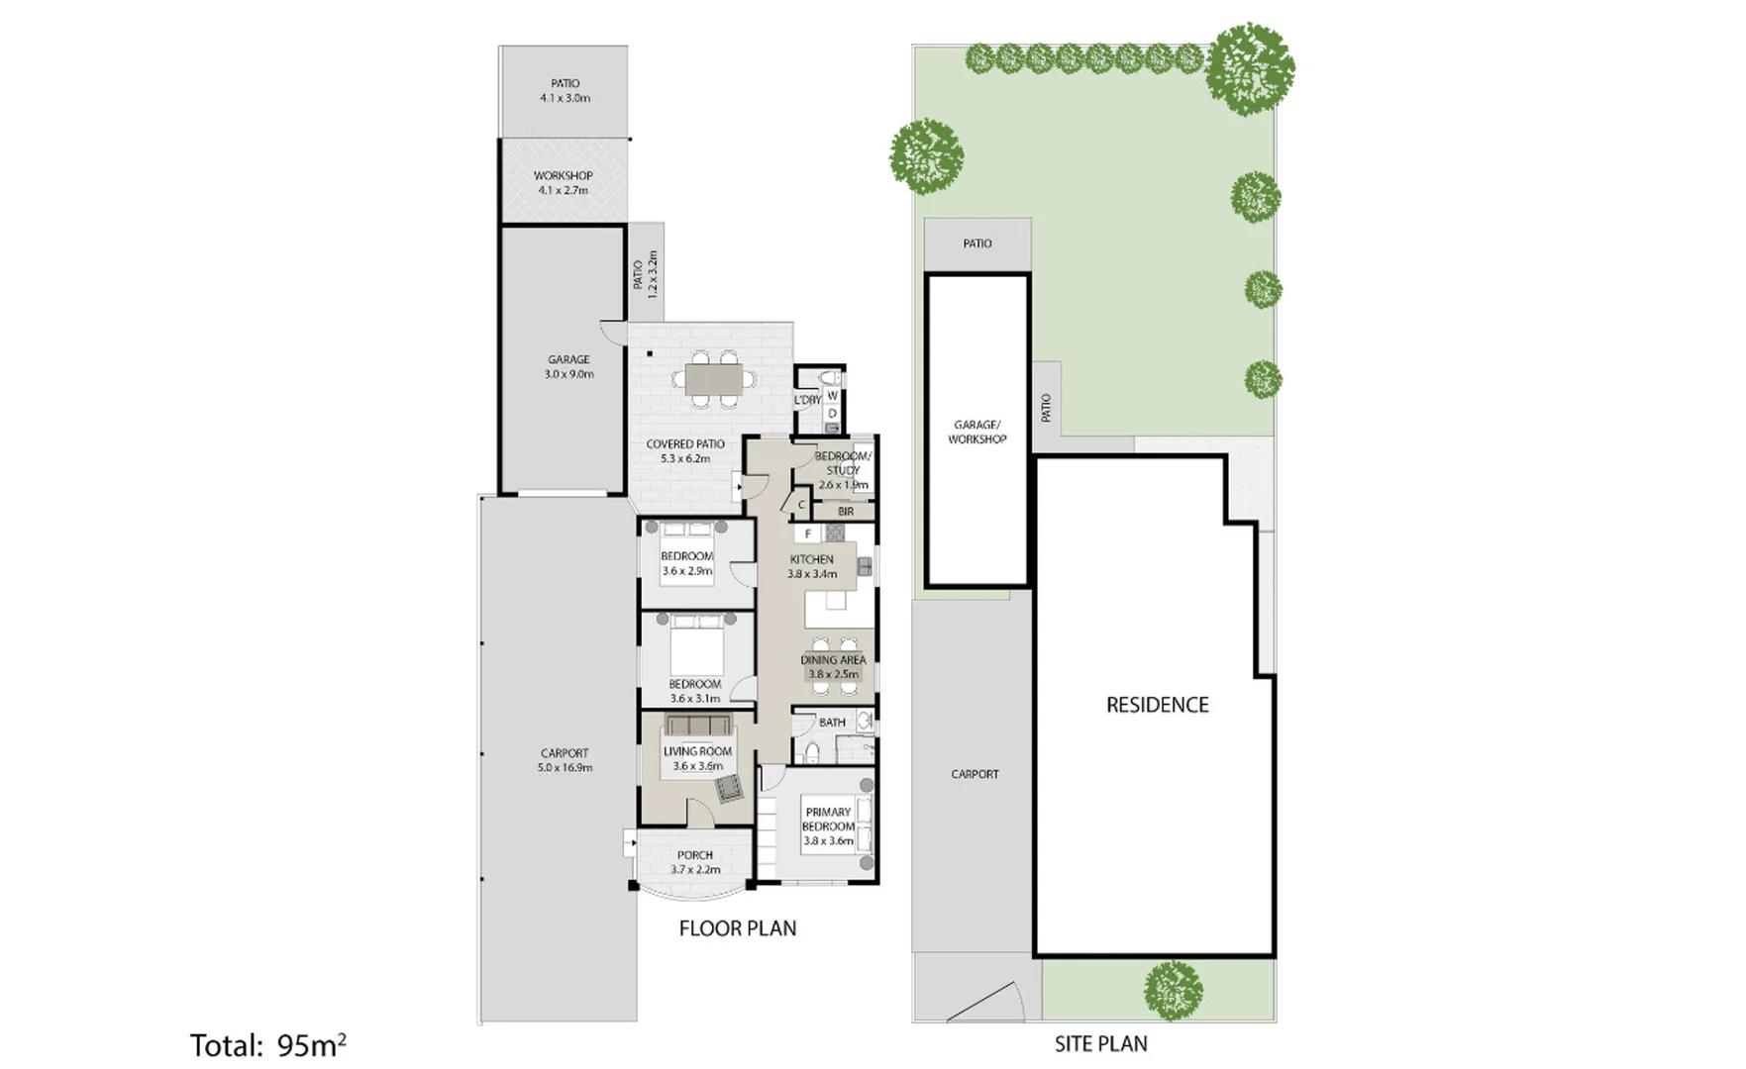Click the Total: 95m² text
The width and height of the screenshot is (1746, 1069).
pyautogui.click(x=267, y=1045)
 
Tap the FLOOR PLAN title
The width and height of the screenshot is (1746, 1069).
pyautogui.click(x=737, y=928)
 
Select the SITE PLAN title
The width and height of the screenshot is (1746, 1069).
pyautogui.click(x=1100, y=1043)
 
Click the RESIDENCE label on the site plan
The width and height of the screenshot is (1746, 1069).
pyautogui.click(x=1157, y=705)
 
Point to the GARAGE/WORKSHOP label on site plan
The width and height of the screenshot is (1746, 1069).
pyautogui.click(x=976, y=432)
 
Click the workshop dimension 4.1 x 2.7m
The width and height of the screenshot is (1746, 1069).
pyautogui.click(x=563, y=190)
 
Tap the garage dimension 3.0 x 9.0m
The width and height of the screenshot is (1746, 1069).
pyautogui.click(x=568, y=374)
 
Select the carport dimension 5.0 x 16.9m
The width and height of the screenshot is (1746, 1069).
pyautogui.click(x=565, y=767)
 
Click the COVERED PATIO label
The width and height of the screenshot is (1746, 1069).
pyautogui.click(x=684, y=444)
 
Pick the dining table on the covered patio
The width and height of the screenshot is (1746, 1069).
pyautogui.click(x=714, y=379)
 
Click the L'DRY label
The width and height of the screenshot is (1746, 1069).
pyautogui.click(x=807, y=400)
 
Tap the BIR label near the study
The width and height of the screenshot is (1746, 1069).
pyautogui.click(x=845, y=512)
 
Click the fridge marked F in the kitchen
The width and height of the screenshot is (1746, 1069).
pyautogui.click(x=808, y=534)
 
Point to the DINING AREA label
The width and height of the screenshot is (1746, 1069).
pyautogui.click(x=833, y=660)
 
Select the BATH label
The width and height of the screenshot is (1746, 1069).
pyautogui.click(x=832, y=723)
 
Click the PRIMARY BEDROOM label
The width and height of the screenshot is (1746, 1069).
pyautogui.click(x=828, y=819)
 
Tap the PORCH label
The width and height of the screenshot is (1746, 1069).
pyautogui.click(x=694, y=855)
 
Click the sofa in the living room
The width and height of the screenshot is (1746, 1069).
pyautogui.click(x=698, y=725)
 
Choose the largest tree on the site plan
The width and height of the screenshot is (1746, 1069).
pyautogui.click(x=1250, y=67)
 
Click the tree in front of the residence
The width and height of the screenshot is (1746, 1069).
pyautogui.click(x=1174, y=990)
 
